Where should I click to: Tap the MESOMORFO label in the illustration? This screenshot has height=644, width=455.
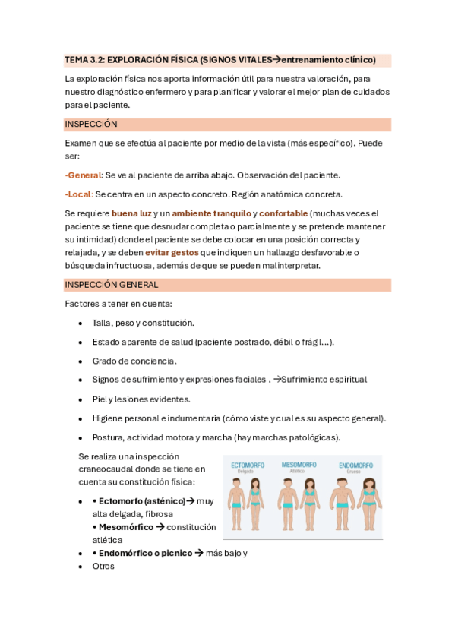point(298,464)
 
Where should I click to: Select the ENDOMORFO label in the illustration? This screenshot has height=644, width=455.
point(355,464)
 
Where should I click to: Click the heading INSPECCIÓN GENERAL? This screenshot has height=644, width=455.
point(112,285)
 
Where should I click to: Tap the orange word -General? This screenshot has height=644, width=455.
point(83,175)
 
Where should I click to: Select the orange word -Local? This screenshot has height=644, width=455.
point(78,194)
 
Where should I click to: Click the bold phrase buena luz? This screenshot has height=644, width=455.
point(131,213)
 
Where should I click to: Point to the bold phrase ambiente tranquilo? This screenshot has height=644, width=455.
point(211,213)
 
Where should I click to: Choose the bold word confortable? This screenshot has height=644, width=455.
point(283,213)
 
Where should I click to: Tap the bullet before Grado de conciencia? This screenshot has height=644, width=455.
point(81,361)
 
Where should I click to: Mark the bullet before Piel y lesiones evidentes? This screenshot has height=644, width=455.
point(81,400)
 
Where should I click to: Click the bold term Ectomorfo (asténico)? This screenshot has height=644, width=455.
point(142,501)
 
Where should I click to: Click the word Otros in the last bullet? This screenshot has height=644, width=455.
point(103,566)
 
